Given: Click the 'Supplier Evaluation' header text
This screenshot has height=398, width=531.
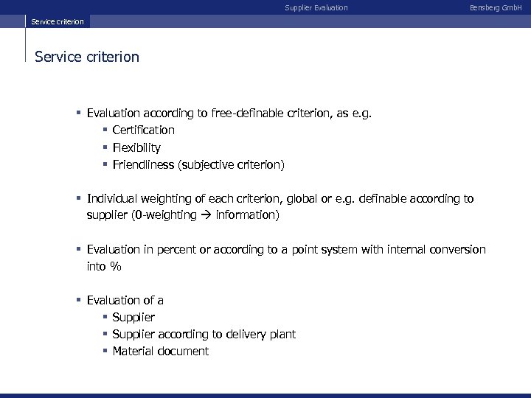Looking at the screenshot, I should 316,7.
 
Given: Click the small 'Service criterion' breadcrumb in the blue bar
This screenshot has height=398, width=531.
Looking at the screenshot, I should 58,21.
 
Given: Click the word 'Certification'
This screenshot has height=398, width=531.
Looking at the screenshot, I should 143,130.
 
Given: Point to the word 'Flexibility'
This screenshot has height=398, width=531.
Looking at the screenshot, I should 136,147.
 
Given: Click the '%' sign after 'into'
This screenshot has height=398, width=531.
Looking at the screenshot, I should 115,267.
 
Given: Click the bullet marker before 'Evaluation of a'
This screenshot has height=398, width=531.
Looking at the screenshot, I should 78,300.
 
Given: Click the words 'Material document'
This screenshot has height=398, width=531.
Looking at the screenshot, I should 160,352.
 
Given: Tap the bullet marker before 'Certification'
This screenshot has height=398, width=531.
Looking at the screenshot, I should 105,130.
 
